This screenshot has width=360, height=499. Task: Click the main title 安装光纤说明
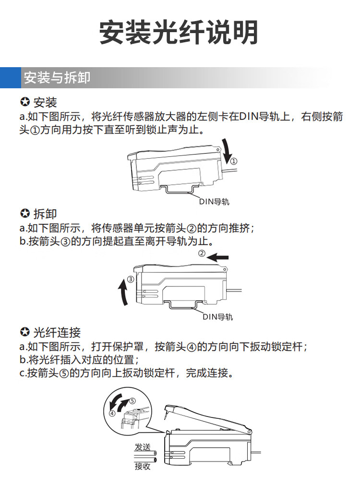[x=179, y=33]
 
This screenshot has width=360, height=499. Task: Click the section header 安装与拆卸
[x=57, y=78]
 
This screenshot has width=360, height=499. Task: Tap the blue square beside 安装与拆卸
[x=10, y=78]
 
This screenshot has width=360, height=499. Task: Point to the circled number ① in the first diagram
[x=234, y=160]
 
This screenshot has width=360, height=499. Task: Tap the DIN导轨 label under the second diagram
[x=217, y=317]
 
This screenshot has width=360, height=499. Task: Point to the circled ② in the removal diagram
[x=202, y=253]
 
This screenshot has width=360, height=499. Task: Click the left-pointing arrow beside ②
[x=220, y=258]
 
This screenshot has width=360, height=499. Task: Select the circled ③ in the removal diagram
[x=130, y=279]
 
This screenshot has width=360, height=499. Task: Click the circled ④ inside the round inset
[x=112, y=412]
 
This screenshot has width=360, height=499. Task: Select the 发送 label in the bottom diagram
[x=143, y=447]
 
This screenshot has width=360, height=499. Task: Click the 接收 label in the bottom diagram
[x=143, y=466]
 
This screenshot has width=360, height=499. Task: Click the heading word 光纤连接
[x=57, y=332]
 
